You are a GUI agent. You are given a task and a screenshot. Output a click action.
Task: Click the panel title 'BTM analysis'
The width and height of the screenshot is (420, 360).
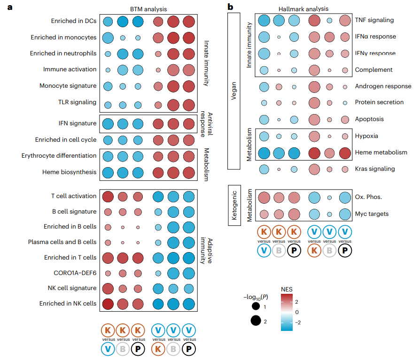(x=148, y=9)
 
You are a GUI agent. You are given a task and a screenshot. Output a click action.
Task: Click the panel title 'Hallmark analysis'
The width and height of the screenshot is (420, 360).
(x=303, y=9)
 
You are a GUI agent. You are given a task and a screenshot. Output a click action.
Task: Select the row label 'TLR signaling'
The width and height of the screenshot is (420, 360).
(x=77, y=102)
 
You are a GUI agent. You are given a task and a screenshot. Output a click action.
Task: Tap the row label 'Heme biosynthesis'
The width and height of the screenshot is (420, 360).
(x=69, y=172)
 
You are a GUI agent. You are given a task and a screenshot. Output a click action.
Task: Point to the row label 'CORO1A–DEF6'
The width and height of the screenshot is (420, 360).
(x=75, y=273)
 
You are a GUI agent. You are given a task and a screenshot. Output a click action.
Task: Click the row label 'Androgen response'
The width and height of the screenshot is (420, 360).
(x=383, y=86)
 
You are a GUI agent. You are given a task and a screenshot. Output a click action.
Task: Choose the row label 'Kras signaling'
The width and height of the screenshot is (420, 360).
(x=375, y=169)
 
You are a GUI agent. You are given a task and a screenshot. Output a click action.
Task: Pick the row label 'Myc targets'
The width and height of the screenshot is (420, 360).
(x=372, y=214)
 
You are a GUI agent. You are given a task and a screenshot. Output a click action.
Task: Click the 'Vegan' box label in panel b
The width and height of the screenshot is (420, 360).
(x=234, y=91)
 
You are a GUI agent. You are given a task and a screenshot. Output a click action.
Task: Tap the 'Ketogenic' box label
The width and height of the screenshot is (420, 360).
(x=234, y=205)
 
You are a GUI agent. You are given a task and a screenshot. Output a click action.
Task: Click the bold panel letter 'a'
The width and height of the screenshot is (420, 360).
(x=10, y=7)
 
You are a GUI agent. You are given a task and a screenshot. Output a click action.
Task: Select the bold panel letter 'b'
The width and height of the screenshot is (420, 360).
(x=230, y=7)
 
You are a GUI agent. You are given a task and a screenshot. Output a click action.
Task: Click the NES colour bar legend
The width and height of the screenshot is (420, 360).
(x=287, y=312)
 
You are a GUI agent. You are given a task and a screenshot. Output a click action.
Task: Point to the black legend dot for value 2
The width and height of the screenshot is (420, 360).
(x=256, y=321)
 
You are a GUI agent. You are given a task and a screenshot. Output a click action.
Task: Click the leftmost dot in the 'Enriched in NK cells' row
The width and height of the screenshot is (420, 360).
(x=108, y=304)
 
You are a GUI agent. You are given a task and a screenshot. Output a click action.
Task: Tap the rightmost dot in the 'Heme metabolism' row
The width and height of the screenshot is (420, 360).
(x=345, y=153)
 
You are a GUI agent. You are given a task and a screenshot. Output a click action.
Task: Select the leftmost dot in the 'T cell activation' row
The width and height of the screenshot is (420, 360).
(x=108, y=197)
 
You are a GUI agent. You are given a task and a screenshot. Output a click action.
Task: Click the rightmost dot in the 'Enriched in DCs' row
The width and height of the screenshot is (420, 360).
(x=189, y=22)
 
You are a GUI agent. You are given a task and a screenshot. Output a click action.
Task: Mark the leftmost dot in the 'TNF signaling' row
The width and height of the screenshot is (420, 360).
(x=264, y=20)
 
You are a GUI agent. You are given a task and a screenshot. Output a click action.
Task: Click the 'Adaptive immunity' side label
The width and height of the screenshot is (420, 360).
(x=206, y=251)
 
